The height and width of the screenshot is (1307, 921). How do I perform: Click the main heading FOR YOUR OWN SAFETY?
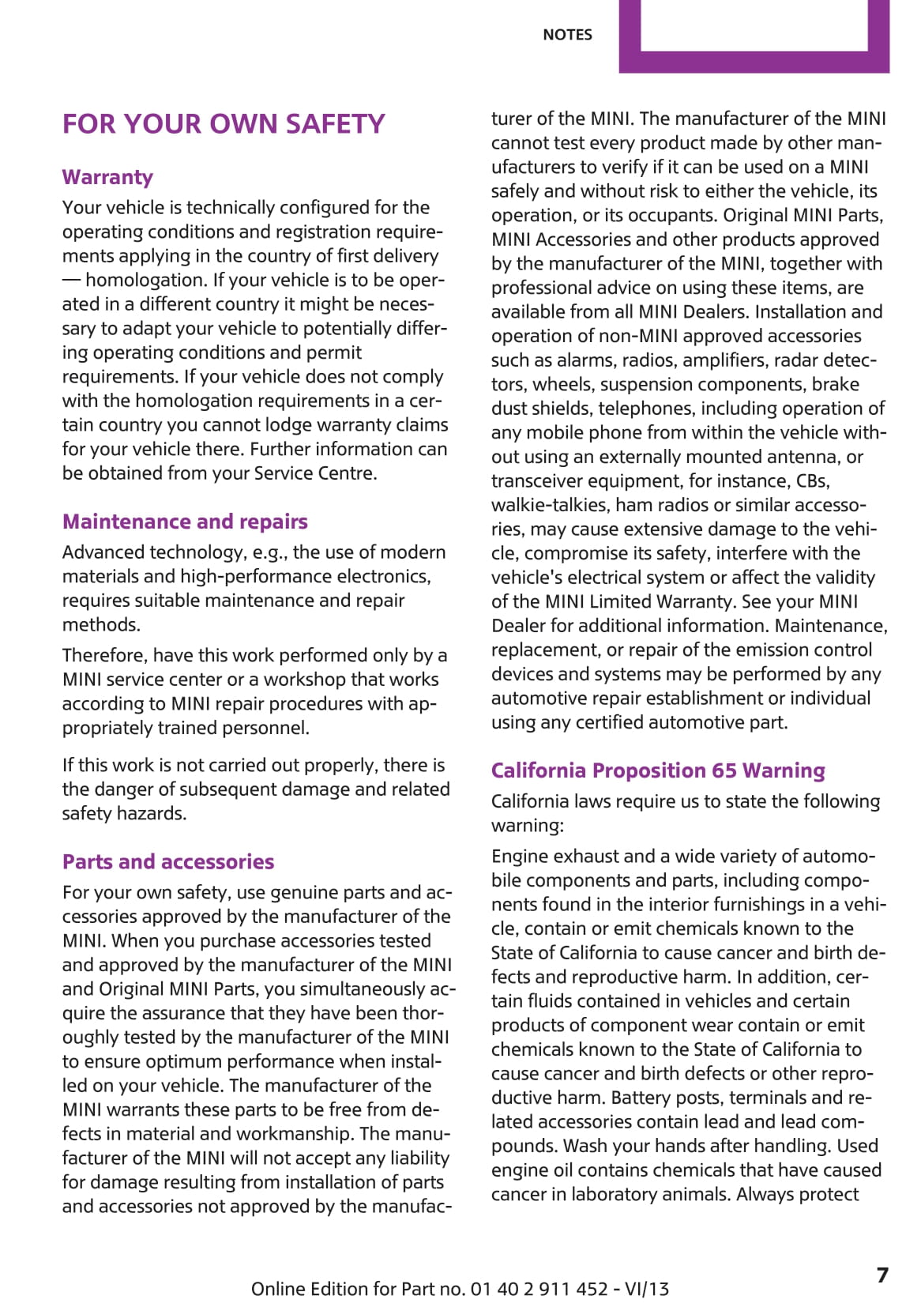(224, 124)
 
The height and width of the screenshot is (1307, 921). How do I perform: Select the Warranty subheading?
(107, 177)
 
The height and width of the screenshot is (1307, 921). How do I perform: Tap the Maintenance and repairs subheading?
(185, 522)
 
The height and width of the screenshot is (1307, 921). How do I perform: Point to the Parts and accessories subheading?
(168, 861)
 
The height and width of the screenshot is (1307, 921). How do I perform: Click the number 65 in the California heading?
(724, 770)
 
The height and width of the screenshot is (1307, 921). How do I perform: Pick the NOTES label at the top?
(567, 35)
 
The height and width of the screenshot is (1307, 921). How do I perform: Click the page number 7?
(882, 1275)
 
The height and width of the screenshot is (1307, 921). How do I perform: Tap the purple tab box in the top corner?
(754, 36)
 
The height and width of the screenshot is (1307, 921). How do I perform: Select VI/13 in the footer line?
(646, 1289)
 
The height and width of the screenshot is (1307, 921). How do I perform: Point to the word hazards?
(155, 813)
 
